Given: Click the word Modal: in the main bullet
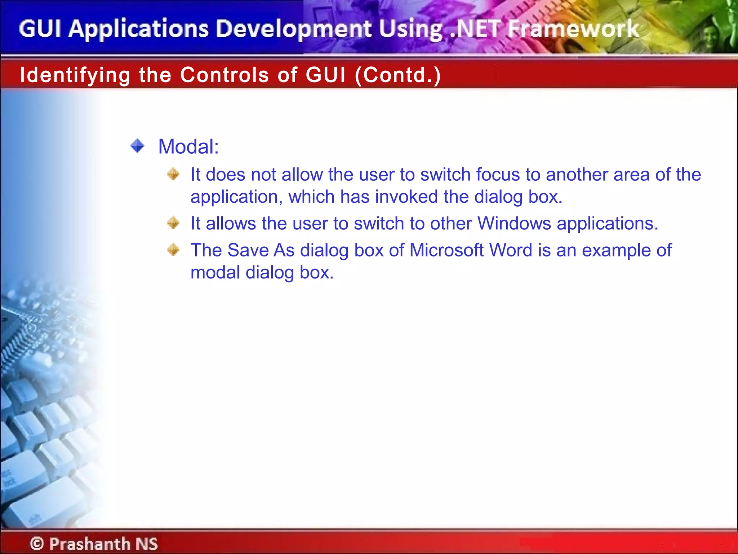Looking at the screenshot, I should coord(188,147).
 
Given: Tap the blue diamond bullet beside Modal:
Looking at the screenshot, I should coord(137,146).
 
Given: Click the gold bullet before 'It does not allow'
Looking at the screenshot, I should coord(173,174).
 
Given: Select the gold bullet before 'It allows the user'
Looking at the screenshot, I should coord(173,223).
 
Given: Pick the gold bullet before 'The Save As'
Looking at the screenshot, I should coord(173,250).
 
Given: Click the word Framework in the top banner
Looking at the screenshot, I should coord(573,29).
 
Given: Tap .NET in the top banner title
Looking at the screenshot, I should coord(476,29).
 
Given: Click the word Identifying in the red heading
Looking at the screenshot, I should coord(75,75).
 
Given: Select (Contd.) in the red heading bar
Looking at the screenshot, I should coord(398,75).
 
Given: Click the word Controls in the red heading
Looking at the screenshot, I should coord(224,75).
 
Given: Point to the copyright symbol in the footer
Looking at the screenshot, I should coord(37,543).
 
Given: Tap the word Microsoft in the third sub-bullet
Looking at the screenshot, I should coord(446,250).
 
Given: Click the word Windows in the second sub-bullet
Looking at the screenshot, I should coord(514,223).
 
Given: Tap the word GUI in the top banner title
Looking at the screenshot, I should coord(40,29).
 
